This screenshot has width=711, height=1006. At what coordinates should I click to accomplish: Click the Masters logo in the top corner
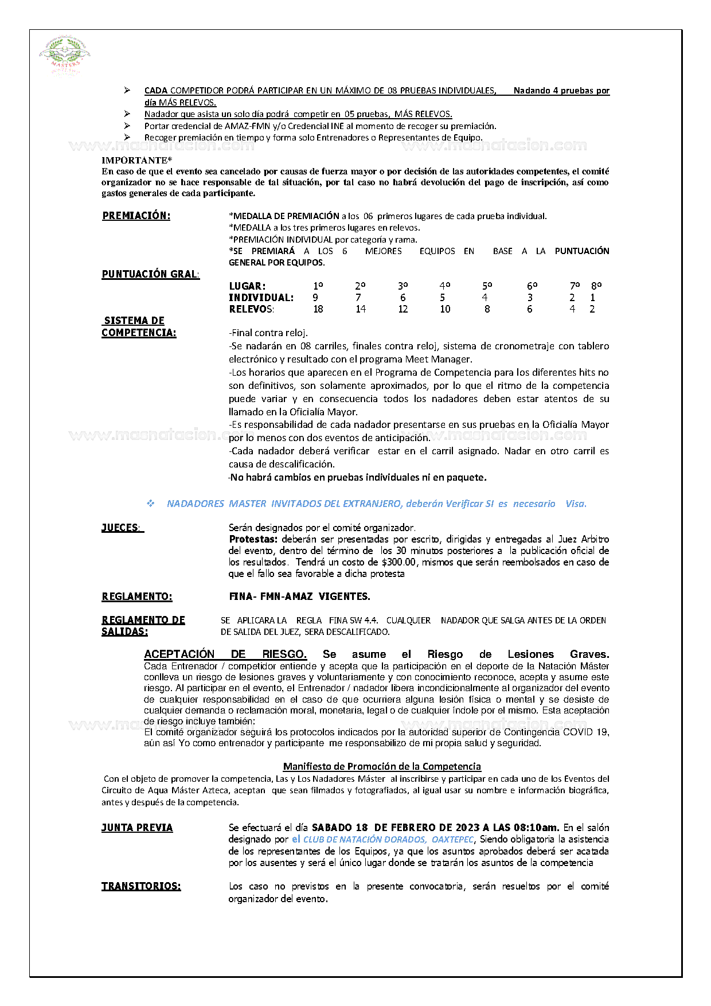coord(64,55)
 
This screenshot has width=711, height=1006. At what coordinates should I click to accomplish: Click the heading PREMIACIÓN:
coord(136,216)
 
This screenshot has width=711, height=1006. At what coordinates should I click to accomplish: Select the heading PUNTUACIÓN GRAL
coord(150,274)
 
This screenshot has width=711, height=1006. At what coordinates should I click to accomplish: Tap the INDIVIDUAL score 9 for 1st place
coord(315,298)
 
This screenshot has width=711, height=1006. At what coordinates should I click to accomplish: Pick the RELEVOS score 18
coord(318,309)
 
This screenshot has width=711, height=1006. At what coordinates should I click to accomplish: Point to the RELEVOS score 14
coord(361,309)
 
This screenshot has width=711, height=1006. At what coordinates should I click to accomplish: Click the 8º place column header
coord(596,286)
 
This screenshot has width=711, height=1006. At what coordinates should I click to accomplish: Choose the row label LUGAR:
coord(247,286)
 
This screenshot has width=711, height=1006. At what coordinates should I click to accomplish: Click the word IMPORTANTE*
coord(136,161)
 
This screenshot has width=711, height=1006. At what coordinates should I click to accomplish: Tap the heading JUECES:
coord(122,528)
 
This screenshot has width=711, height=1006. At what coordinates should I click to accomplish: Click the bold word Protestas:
coord(253,539)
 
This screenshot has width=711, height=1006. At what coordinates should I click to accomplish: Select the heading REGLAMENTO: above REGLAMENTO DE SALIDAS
coord(136,596)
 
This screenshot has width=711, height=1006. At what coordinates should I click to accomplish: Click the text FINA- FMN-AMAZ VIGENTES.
coord(299,596)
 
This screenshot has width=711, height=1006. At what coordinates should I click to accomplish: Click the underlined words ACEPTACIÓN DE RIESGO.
coord(225,654)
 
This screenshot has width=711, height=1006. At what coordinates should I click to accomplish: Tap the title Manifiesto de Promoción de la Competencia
coord(382,766)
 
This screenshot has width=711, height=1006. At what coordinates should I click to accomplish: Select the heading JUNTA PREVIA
coord(137,828)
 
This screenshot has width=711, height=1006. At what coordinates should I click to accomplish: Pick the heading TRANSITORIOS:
coord(141,886)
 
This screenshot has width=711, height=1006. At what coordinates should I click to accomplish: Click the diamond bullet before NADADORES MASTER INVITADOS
coord(151,504)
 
